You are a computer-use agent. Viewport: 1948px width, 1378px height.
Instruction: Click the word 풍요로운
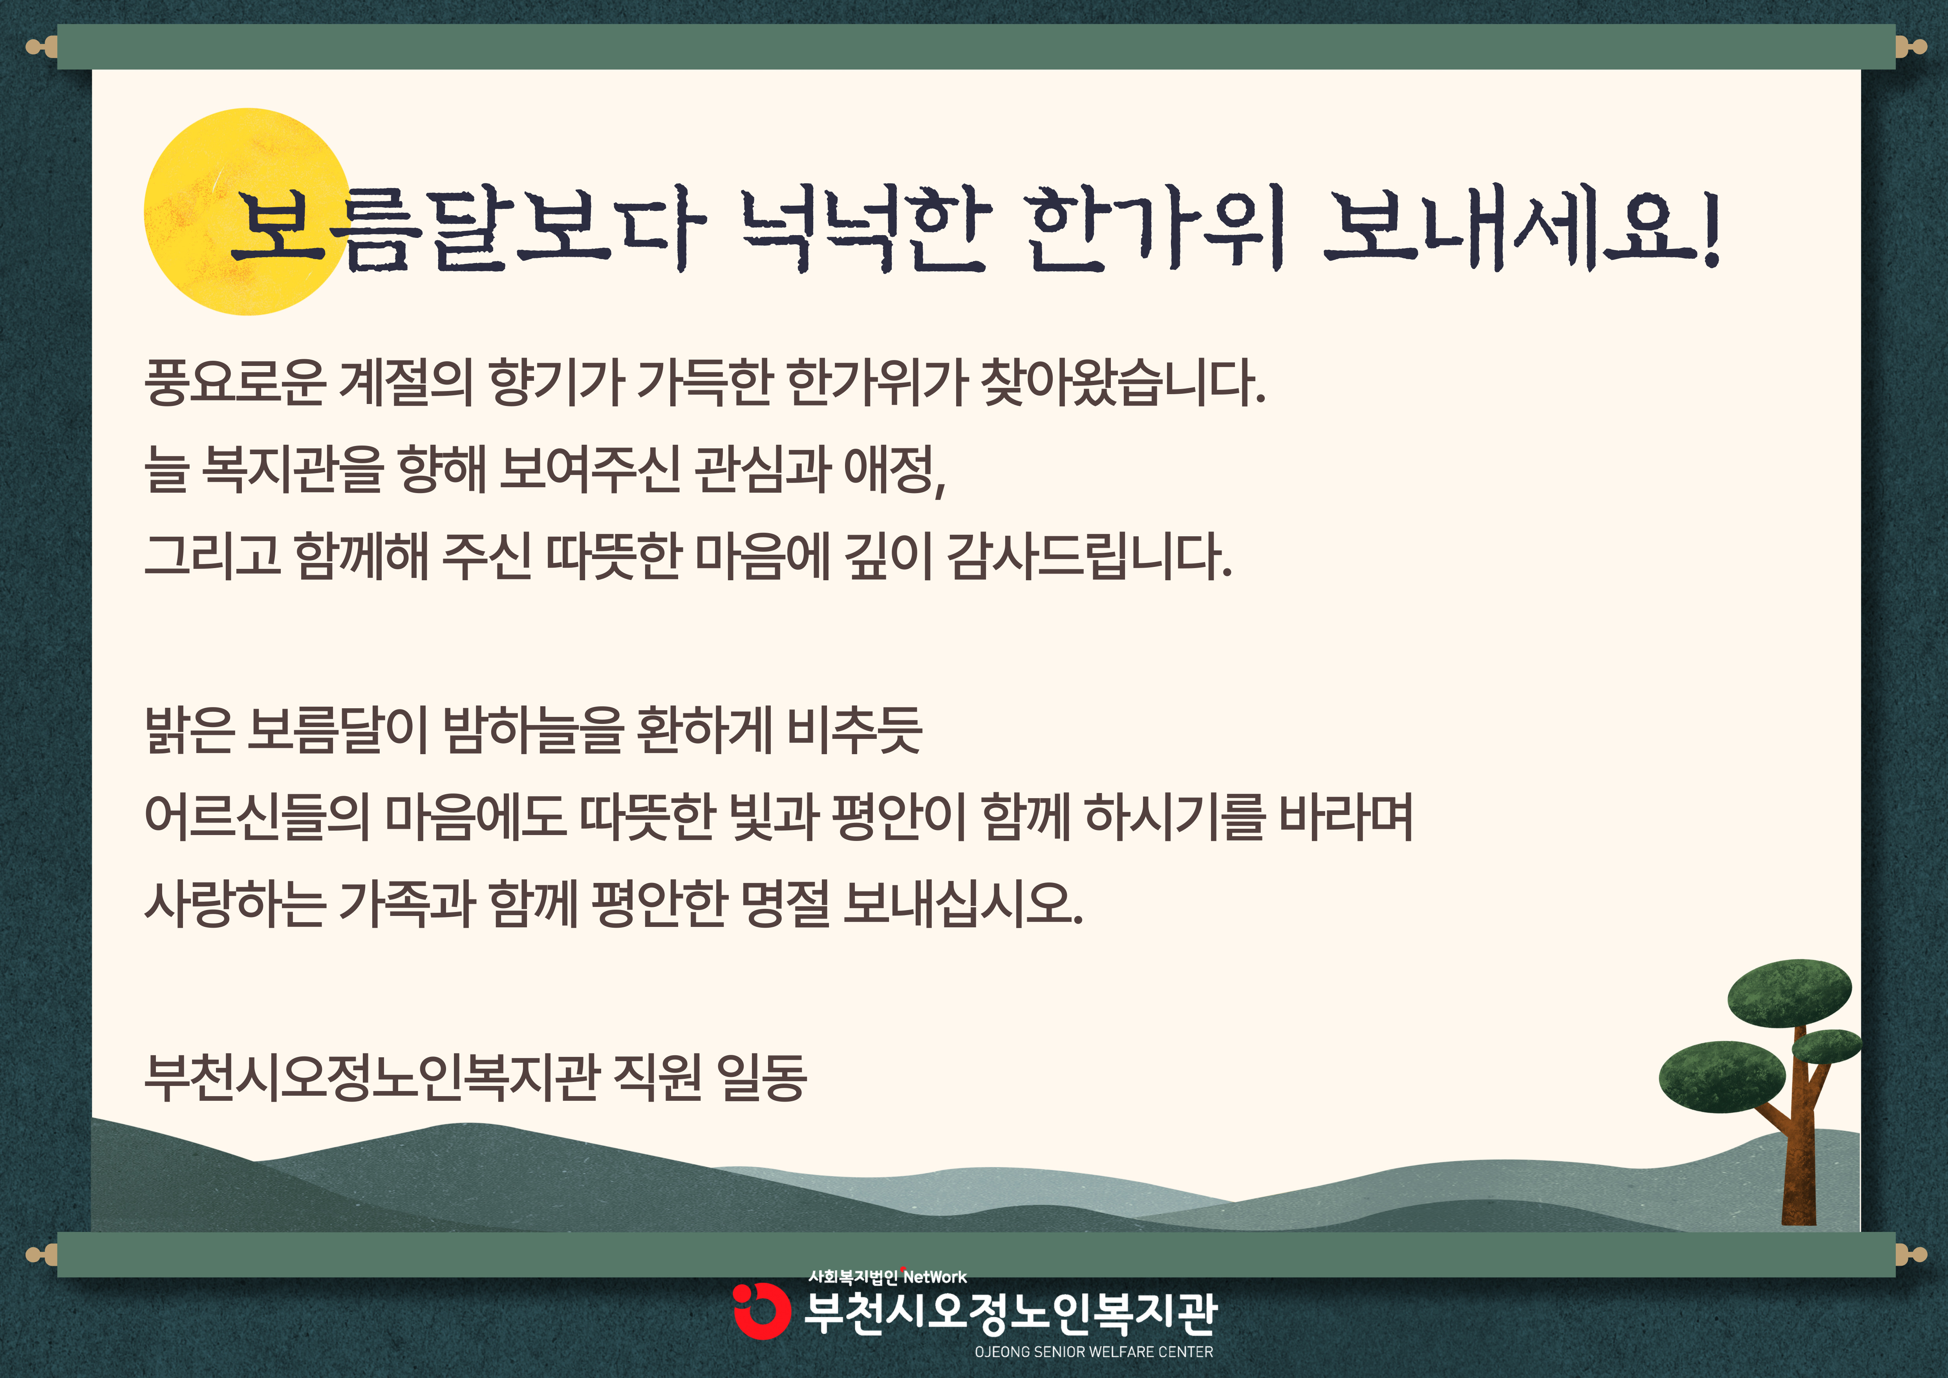tap(235, 382)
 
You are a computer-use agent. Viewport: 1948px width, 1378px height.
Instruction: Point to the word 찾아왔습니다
tap(1123, 382)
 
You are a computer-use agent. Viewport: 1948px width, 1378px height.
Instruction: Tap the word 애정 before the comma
tap(889, 469)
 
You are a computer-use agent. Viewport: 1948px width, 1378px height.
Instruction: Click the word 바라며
tap(1346, 817)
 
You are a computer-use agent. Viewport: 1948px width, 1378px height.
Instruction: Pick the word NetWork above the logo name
tap(935, 1277)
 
